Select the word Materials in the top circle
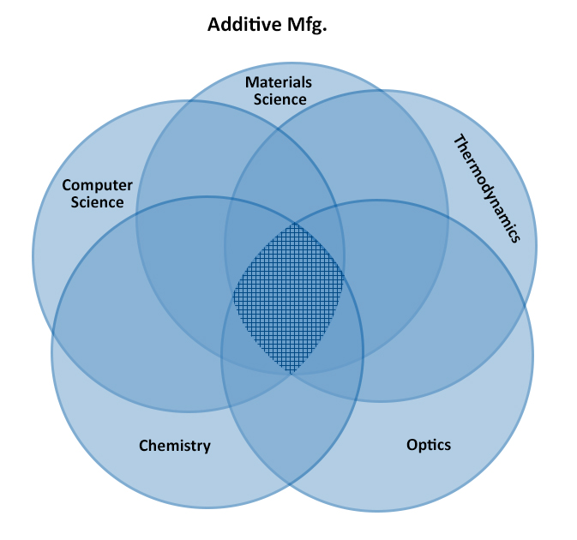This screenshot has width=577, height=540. [x=279, y=82]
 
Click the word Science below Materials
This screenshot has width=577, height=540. [x=279, y=99]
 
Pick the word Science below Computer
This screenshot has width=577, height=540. [x=99, y=202]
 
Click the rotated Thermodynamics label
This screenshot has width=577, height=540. [x=486, y=189]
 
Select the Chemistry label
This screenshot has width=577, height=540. [x=174, y=446]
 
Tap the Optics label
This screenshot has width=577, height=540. [x=428, y=445]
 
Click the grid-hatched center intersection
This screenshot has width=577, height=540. [x=290, y=298]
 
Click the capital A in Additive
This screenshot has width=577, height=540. [x=214, y=25]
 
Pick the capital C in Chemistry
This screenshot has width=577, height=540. [x=144, y=446]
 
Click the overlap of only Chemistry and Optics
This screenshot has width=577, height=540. [x=292, y=429]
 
